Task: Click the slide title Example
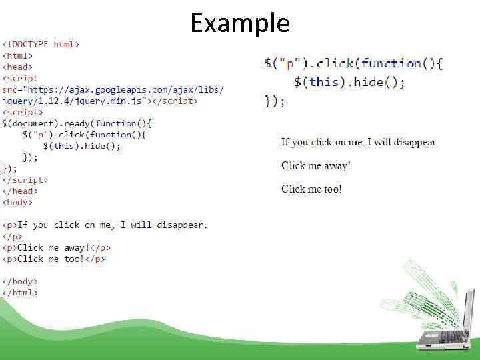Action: pos(240,23)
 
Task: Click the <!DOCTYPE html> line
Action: pos(41,45)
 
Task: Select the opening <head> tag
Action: pos(18,67)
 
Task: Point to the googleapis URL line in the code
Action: pos(113,89)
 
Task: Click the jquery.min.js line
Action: pos(100,101)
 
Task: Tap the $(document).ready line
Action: pos(77,123)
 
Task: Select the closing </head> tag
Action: pos(20,191)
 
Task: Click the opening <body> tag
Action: pos(18,202)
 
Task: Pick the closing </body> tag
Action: pos(20,281)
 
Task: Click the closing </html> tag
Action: pos(20,292)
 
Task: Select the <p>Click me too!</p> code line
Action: pos(53,259)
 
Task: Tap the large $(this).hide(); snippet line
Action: pos(349,83)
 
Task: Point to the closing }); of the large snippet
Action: pos(275,101)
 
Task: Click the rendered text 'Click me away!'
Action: pos(315,165)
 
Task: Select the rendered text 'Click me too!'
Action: pos(311,189)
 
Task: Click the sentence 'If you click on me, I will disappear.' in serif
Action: pos(359,142)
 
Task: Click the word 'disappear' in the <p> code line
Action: pos(181,225)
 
